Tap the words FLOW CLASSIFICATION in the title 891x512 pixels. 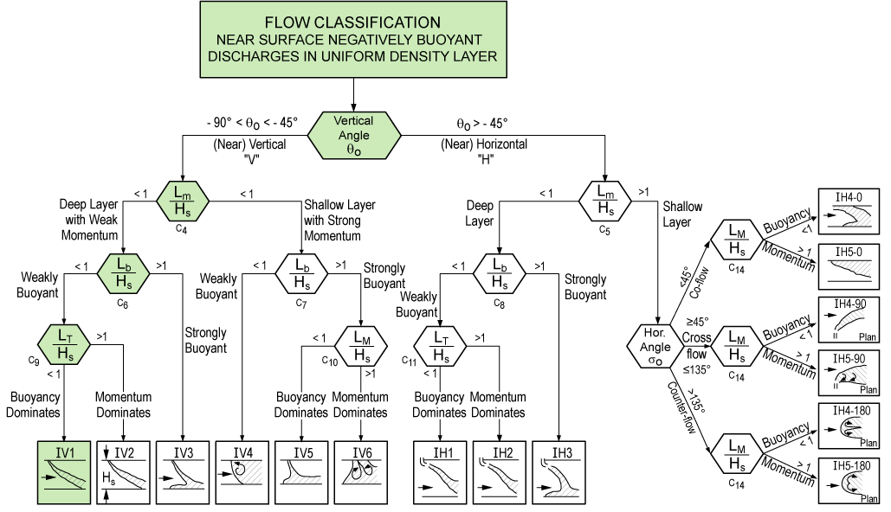(352, 22)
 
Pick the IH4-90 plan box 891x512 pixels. (849, 319)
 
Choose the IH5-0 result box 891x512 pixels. (849, 266)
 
